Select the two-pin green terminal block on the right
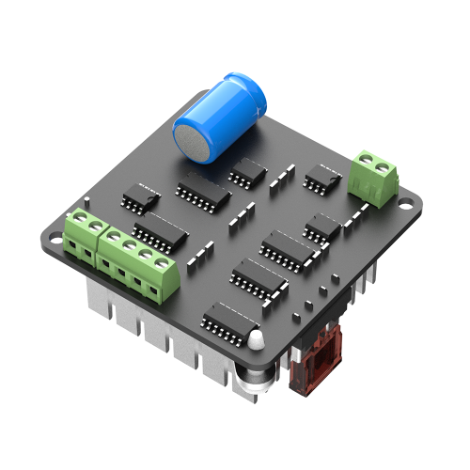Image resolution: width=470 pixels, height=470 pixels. click(372, 177)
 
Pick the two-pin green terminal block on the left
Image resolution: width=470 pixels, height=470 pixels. click(84, 236)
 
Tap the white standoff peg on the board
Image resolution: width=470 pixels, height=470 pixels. click(254, 338)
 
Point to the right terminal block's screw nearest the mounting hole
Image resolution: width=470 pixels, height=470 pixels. click(382, 168)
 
